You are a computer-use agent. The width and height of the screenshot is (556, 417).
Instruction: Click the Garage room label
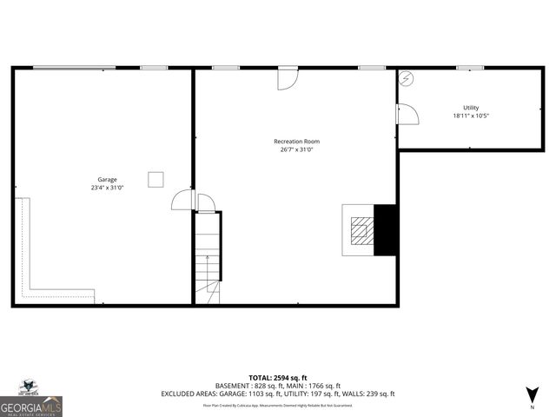click(x=107, y=180)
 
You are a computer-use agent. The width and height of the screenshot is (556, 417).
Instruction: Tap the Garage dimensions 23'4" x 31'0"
click(x=107, y=188)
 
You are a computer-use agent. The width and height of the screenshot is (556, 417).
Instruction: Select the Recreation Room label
click(x=296, y=142)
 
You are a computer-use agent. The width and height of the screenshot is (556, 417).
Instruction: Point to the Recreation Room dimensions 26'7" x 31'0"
click(x=296, y=149)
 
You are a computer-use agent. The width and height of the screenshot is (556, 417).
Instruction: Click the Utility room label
click(x=471, y=108)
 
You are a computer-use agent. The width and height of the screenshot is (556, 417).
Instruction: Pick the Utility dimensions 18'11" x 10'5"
click(x=471, y=116)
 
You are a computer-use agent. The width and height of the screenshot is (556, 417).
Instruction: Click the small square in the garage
click(x=156, y=179)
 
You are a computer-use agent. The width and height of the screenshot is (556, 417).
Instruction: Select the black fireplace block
click(x=385, y=230)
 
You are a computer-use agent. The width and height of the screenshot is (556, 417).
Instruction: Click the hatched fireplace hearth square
click(x=360, y=230)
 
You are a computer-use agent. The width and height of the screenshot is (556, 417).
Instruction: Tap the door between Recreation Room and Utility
click(x=406, y=114)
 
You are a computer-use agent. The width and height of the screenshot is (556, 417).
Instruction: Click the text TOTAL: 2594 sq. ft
click(x=278, y=377)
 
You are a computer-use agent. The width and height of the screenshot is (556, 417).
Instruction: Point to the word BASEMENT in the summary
click(x=232, y=386)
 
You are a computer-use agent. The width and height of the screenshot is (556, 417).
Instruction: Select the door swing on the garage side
click(x=182, y=201)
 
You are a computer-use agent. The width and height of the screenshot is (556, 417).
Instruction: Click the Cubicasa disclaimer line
click(x=278, y=405)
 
